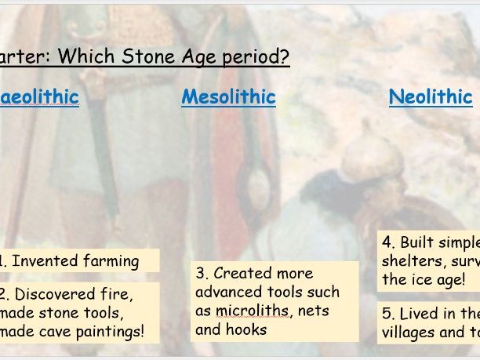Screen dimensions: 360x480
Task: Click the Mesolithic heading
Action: [228, 97]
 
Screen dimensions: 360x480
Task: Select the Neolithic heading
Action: [431, 97]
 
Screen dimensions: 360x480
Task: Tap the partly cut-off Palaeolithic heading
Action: [39, 97]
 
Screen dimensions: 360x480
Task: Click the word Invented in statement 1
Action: [47, 261]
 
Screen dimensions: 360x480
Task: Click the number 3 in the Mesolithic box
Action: [201, 274]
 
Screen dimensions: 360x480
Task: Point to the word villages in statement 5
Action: [412, 332]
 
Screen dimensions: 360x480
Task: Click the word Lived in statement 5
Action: [419, 314]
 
